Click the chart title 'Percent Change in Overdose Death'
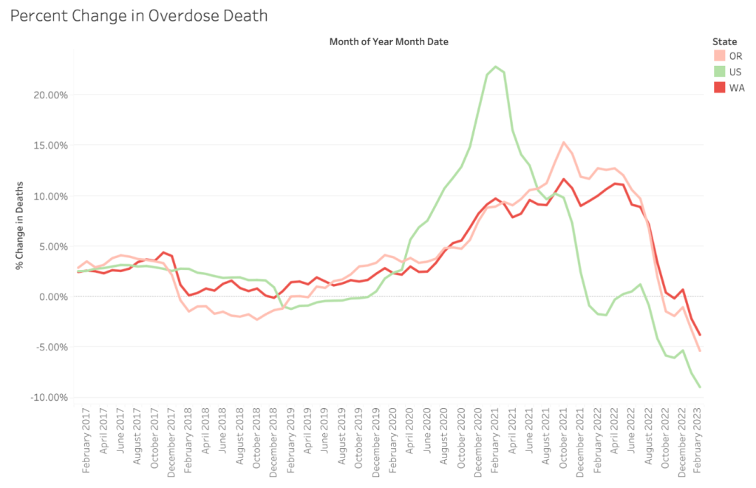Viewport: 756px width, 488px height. click(138, 15)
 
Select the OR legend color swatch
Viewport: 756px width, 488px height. click(718, 55)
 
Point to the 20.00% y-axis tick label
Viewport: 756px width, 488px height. click(50, 95)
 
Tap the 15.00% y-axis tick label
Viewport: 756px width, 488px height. click(50, 145)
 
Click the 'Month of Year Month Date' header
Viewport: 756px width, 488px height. click(389, 42)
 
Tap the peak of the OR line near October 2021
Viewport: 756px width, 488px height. click(563, 143)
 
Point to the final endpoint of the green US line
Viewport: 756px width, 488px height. click(700, 387)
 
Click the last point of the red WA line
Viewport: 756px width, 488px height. click(700, 335)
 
